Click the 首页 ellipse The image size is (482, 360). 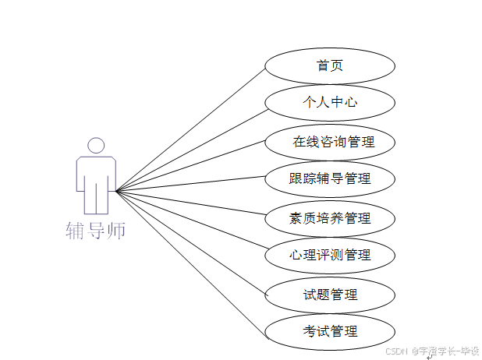330,65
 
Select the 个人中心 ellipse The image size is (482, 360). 330,102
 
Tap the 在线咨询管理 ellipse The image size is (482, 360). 330,142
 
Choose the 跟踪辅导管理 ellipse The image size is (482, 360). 330,178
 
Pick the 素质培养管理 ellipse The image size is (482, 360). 330,217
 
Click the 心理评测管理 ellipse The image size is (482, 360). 330,255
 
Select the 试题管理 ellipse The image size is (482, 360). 330,295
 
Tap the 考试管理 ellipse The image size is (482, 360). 330,331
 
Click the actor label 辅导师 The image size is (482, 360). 95,231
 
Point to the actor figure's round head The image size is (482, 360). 96,146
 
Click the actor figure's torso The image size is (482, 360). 96,171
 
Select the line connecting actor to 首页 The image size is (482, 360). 191,129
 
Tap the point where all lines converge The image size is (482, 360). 116,190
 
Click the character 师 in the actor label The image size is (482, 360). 116,231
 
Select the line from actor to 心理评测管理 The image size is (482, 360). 191,222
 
